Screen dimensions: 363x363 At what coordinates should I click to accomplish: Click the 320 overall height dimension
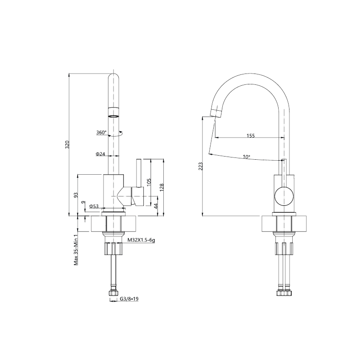[x=67, y=144]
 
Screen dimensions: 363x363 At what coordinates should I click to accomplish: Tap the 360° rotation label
[x=101, y=132]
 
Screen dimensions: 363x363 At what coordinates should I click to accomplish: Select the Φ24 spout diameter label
[x=100, y=154]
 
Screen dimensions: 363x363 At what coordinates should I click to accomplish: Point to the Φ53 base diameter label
[x=94, y=206]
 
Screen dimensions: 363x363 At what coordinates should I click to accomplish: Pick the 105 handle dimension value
[x=149, y=182]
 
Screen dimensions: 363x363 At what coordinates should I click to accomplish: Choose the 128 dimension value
[x=162, y=187]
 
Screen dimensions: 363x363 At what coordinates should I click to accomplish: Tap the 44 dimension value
[x=156, y=206]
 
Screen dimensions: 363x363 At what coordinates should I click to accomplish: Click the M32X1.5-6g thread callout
[x=141, y=240]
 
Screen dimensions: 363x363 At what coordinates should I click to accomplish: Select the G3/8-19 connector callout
[x=129, y=299]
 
